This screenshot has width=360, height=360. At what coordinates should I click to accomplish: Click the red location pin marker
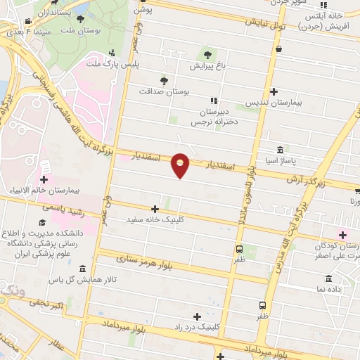pyautogui.click(x=181, y=165)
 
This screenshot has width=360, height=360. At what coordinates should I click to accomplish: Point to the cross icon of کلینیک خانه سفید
pyautogui.click(x=155, y=209)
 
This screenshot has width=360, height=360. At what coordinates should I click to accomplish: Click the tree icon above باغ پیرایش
pyautogui.click(x=207, y=54)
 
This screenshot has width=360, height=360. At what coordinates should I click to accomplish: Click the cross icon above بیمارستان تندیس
pyautogui.click(x=274, y=91)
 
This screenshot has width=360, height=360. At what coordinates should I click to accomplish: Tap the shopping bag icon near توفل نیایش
pyautogui.click(x=280, y=49)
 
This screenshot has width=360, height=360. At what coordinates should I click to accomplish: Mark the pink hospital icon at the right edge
pyautogui.click(x=342, y=234)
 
